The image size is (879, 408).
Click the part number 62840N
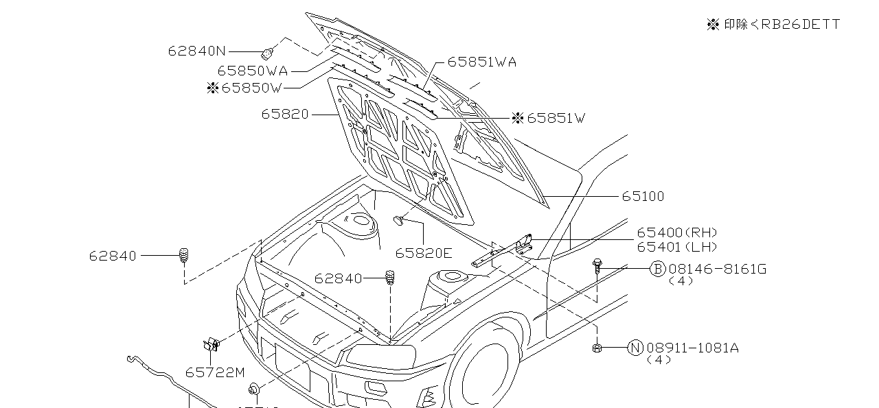(196, 51)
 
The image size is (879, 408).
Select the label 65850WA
(252, 71)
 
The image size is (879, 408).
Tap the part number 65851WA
(481, 62)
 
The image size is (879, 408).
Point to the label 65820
(284, 115)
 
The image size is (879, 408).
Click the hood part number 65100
(643, 197)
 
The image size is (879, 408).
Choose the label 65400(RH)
(676, 233)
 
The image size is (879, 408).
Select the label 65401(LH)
(676, 247)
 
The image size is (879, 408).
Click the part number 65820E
(424, 254)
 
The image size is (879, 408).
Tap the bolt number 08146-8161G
(717, 269)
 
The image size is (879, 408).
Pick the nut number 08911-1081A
(692, 348)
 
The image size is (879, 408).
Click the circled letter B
(657, 269)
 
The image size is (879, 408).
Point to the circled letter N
(635, 348)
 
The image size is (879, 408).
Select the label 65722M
(215, 372)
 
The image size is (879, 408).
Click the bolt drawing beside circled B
(597, 266)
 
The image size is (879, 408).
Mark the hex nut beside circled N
(597, 348)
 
